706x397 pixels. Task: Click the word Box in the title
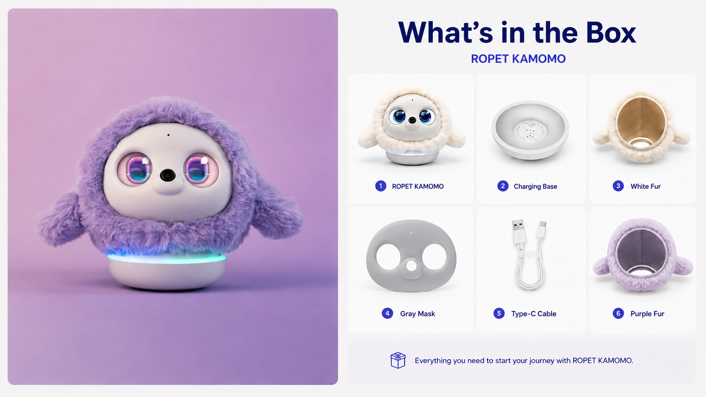coord(611,33)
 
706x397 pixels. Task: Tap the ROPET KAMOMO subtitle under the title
coord(518,59)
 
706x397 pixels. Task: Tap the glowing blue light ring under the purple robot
coord(167,259)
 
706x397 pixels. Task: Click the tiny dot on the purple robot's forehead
coord(168,135)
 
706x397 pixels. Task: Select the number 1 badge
coord(380,186)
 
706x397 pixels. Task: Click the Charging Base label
coord(535,186)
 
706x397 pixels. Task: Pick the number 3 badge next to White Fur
coord(618,186)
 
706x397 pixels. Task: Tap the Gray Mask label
coord(417,313)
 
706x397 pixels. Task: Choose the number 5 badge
coord(499,313)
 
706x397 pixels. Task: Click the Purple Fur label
coord(647,313)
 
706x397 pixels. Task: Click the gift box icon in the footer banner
coord(398,360)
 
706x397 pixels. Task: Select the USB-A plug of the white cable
coord(518,231)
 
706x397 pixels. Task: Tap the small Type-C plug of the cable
coord(542,230)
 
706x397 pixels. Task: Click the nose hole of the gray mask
coord(411,265)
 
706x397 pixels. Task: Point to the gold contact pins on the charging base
coord(530,132)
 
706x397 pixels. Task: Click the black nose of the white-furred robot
coord(412,120)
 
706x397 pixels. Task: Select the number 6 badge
coord(618,313)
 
